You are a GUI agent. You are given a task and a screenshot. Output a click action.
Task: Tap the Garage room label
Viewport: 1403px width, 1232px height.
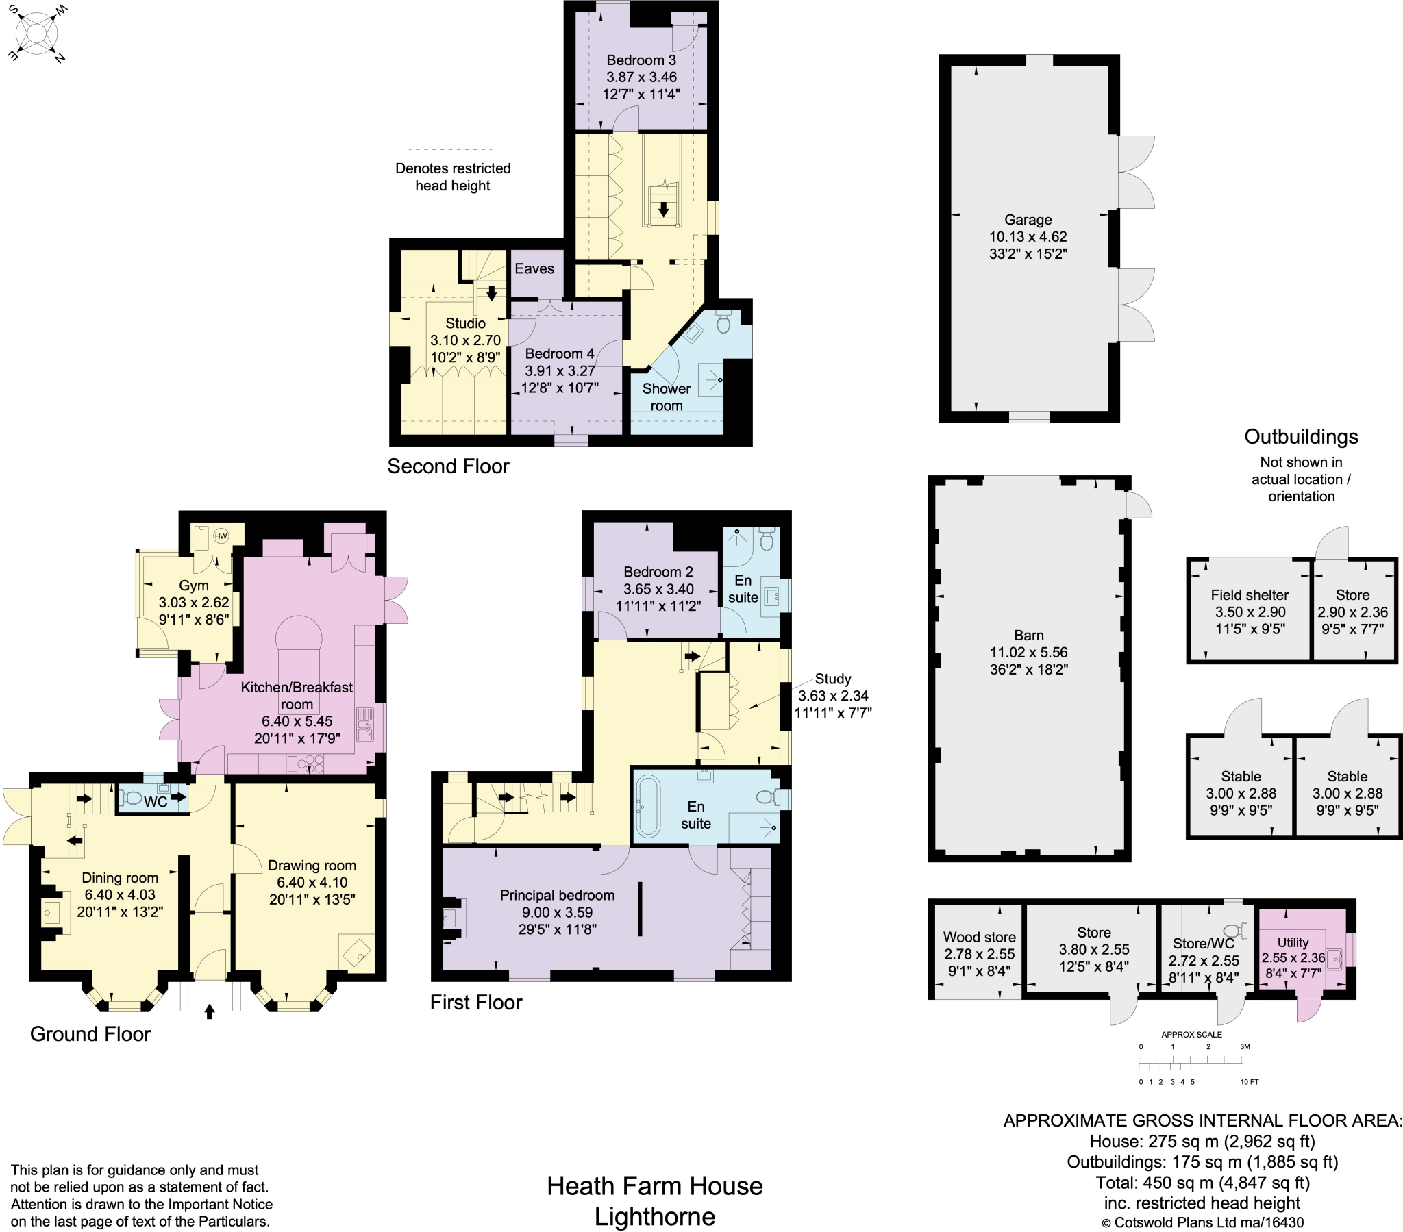1028,220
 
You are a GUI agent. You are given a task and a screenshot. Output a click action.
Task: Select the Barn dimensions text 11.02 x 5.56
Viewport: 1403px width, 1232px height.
1028,652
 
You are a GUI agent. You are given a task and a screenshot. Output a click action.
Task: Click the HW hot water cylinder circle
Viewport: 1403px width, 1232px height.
221,537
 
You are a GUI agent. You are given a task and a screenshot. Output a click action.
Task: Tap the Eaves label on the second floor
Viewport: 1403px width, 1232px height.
534,268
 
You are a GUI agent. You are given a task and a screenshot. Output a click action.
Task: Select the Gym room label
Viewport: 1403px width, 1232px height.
194,586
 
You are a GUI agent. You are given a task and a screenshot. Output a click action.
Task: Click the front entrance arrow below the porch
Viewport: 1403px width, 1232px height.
210,1011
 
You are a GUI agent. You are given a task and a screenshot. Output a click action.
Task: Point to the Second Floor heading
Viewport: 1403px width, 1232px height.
448,466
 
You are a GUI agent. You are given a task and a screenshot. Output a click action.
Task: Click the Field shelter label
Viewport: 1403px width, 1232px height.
1250,595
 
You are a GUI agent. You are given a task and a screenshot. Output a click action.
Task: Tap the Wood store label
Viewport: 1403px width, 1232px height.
979,937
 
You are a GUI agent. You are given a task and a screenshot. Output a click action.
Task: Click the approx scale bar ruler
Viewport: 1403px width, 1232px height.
1191,1064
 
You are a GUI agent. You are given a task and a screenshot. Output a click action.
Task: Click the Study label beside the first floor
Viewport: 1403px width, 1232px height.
832,679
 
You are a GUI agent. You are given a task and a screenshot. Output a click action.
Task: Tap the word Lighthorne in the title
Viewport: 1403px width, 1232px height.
654,1217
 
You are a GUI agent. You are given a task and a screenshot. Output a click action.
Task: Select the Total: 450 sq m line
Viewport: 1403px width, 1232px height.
1202,1183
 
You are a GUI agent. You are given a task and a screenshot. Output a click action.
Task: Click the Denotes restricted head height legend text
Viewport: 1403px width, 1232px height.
452,177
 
